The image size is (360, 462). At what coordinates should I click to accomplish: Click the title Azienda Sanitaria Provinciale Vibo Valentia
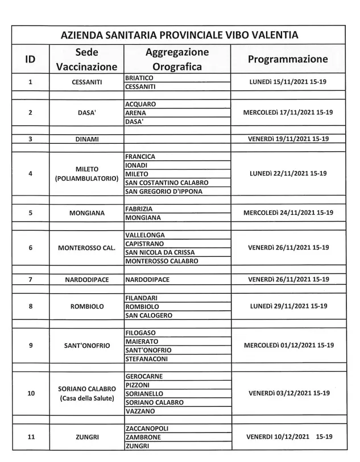tap(179, 35)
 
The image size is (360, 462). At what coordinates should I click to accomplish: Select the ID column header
tap(30, 59)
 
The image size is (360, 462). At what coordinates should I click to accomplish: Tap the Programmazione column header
tap(288, 59)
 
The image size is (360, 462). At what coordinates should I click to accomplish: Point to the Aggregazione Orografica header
tap(177, 59)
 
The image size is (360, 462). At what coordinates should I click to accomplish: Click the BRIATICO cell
tap(139, 77)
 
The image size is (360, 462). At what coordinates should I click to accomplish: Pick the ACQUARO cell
tap(140, 104)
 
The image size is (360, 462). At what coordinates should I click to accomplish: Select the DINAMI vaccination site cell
tap(87, 139)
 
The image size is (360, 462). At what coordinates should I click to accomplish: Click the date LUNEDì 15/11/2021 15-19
tap(288, 82)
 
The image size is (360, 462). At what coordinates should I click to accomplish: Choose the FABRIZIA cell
tap(139, 209)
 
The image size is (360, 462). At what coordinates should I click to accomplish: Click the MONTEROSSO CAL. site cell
tap(87, 248)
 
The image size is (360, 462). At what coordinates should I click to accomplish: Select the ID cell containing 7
tap(30, 280)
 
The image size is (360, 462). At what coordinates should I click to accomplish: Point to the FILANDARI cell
tap(142, 297)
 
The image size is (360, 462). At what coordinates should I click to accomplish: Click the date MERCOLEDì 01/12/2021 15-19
tap(288, 346)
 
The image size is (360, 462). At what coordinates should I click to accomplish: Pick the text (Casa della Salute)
tap(87, 398)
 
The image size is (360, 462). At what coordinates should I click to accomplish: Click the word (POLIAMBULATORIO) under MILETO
tap(87, 178)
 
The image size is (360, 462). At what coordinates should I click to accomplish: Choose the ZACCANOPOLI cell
tap(147, 428)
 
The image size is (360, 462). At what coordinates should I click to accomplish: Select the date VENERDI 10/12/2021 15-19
tap(289, 437)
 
